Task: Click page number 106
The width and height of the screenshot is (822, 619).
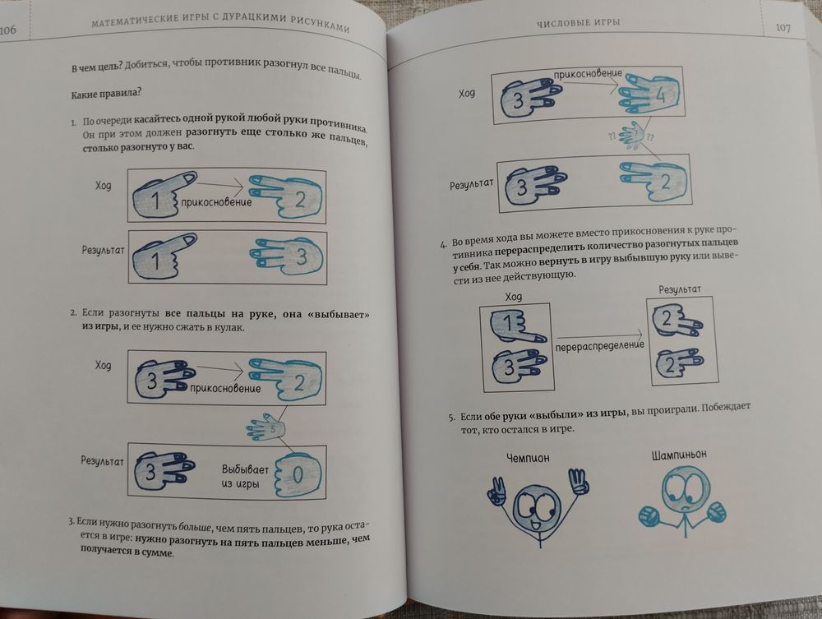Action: pyautogui.click(x=8, y=30)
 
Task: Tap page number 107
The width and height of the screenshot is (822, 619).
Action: pyautogui.click(x=783, y=27)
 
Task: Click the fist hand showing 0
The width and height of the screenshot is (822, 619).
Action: pyautogui.click(x=298, y=475)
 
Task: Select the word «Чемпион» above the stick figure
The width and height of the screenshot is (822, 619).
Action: pyautogui.click(x=528, y=458)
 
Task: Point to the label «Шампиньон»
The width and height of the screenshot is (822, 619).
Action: pyautogui.click(x=680, y=455)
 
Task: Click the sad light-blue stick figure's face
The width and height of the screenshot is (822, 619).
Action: pyautogui.click(x=682, y=491)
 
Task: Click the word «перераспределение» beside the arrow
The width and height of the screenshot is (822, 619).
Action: pyautogui.click(x=600, y=346)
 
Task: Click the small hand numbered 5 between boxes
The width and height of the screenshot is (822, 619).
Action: pyautogui.click(x=266, y=427)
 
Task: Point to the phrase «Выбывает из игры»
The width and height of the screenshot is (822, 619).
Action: pyautogui.click(x=245, y=476)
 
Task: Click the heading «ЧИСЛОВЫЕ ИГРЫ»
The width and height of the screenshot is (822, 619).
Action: pyautogui.click(x=578, y=22)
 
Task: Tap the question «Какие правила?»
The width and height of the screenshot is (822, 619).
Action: pyautogui.click(x=105, y=94)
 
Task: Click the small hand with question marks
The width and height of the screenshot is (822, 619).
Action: pyautogui.click(x=631, y=136)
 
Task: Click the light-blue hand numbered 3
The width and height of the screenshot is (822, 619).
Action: pyautogui.click(x=286, y=256)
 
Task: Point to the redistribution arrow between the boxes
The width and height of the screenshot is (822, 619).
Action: pyautogui.click(x=599, y=335)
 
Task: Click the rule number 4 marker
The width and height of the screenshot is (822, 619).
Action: pyautogui.click(x=444, y=244)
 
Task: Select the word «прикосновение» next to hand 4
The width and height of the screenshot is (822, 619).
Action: pyautogui.click(x=588, y=75)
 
